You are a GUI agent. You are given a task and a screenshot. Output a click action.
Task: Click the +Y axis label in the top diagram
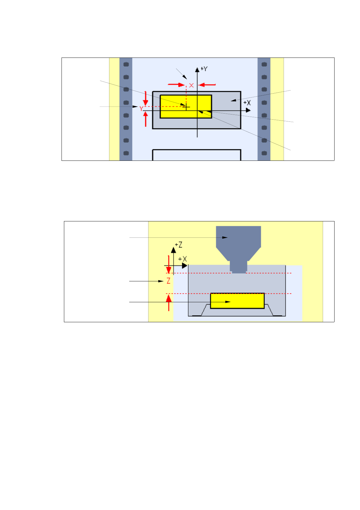click(204, 69)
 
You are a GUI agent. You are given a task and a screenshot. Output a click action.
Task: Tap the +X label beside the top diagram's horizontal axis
click(247, 103)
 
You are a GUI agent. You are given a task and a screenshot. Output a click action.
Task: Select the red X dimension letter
click(192, 85)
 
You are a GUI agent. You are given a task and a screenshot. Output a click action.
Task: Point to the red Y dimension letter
click(141, 108)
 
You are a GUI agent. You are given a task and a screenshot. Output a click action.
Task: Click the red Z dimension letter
click(168, 281)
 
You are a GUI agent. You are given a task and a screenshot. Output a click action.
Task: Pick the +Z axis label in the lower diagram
click(179, 245)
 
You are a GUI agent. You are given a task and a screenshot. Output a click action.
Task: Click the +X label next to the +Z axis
click(183, 259)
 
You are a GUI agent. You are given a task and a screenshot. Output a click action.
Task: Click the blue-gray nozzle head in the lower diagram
click(238, 242)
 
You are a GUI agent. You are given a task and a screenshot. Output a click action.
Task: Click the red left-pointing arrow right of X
click(207, 85)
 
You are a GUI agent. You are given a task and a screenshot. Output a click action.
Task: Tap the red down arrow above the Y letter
click(146, 98)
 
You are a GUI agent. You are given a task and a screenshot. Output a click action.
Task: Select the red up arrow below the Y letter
click(146, 119)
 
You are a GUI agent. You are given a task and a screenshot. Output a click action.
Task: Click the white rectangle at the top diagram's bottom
click(196, 155)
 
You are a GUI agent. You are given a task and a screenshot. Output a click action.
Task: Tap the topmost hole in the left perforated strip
click(126, 64)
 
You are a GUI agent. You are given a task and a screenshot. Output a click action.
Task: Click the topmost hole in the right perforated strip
click(264, 64)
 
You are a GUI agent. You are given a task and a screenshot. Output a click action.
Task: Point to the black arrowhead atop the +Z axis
click(173, 250)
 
